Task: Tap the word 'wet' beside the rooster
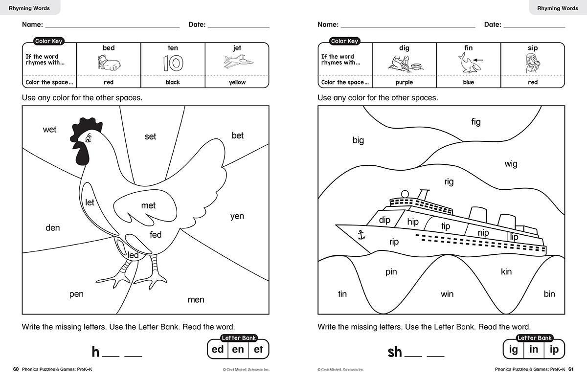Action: coord(49,130)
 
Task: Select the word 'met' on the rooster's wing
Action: coord(148,205)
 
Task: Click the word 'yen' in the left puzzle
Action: coord(237,216)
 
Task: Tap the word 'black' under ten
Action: coord(173,82)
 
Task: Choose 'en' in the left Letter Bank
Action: coord(238,350)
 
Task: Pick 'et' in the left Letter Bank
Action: coord(258,350)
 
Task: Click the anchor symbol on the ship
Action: coord(361,235)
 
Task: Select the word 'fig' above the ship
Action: coord(476,122)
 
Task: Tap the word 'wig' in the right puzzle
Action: coord(511,164)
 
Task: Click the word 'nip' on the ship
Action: coord(483,233)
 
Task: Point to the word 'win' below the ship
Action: coord(447,294)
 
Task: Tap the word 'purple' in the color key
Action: coord(404,82)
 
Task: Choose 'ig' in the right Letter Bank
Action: coord(513,350)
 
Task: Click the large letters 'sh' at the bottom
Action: coord(395,352)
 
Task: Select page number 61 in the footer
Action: coord(571,369)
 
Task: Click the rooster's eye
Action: coord(88,139)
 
